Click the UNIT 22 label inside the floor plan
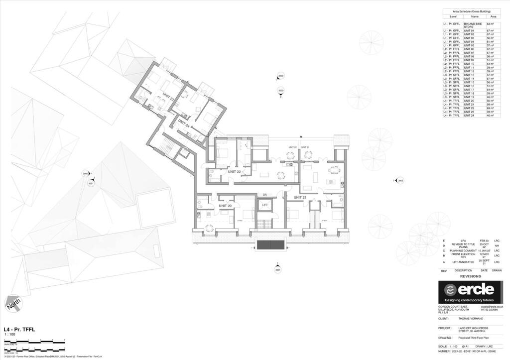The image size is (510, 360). coord(235,172)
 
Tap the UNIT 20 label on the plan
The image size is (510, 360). coord(226,206)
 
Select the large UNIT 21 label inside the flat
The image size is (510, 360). coord(299,198)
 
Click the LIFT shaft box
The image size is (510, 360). coord(265,205)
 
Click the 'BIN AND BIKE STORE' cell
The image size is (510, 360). coord(473,25)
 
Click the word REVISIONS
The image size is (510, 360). coord(470,276)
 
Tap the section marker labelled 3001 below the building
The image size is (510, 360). coord(277,269)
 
